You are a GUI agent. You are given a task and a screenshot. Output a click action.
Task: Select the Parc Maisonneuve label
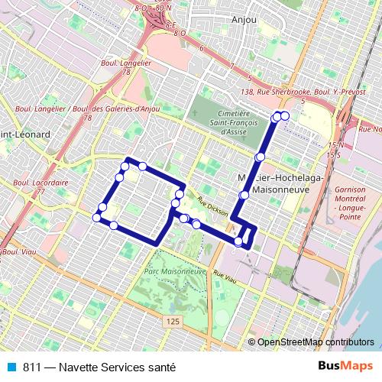176,271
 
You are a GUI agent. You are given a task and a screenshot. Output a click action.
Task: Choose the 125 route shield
173,323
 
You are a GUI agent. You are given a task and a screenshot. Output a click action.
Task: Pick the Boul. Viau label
21,251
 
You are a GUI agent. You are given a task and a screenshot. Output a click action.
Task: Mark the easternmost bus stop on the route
286,115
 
